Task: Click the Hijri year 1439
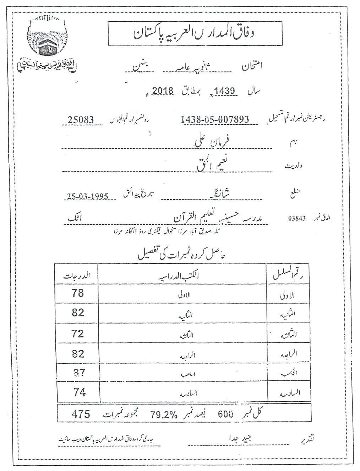tap(225, 91)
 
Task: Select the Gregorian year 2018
tap(163, 91)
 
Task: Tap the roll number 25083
tap(81, 120)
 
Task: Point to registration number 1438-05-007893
tap(215, 120)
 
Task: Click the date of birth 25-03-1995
tap(87, 196)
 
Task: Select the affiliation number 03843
tap(297, 218)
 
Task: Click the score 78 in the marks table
tap(77, 293)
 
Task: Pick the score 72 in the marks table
tap(77, 334)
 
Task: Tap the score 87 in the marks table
tap(78, 373)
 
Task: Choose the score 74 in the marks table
tap(79, 392)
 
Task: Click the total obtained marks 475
tap(81, 414)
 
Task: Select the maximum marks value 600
tap(225, 414)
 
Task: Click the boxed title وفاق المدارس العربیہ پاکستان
tap(195, 33)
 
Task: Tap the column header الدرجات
tap(77, 276)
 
